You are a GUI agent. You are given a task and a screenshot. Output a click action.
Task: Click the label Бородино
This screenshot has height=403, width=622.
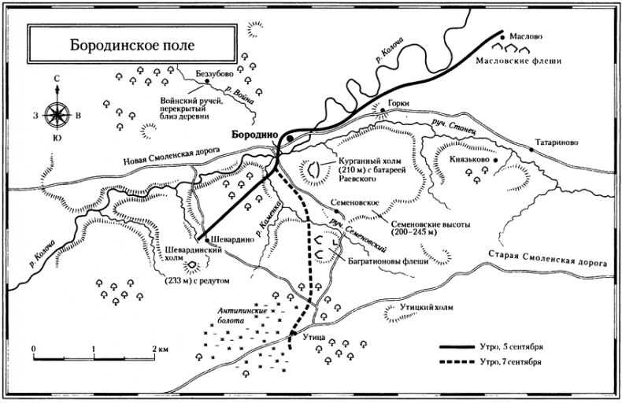pyautogui.click(x=252, y=135)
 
